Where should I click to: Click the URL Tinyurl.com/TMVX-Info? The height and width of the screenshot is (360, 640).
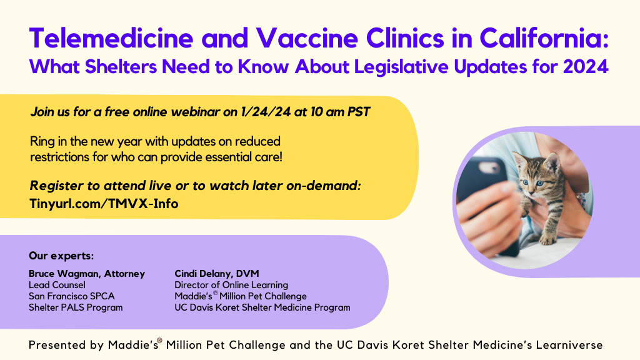coord(104,203)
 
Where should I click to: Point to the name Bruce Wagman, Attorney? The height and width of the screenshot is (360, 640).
coord(87,274)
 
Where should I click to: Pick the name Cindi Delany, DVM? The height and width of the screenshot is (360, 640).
coord(217,274)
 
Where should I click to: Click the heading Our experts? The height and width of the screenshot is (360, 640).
coord(61,256)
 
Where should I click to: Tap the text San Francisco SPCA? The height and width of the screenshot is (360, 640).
coord(71,296)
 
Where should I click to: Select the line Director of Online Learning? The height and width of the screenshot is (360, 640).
coord(231,285)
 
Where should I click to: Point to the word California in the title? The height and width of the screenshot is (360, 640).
coord(544,38)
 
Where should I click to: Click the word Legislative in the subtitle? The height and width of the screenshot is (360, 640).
coord(401,67)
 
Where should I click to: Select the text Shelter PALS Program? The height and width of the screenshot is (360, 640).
coord(76,307)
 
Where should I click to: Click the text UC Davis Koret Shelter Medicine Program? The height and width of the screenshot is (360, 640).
coord(262,307)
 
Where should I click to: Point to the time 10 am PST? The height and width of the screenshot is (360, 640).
coord(340,112)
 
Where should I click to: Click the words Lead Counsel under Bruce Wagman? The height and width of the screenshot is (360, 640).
coord(57,285)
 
